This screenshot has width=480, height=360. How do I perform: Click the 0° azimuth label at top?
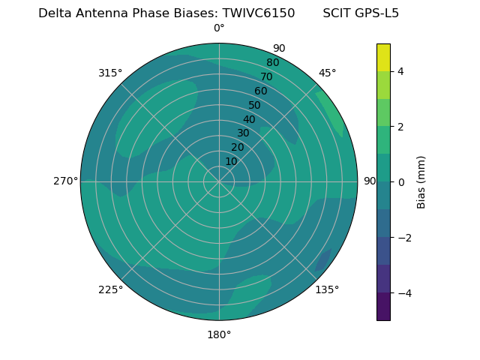pos(219,28)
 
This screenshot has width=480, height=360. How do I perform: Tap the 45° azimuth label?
pos(327,73)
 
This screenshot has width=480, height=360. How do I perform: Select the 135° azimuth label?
pos(327,289)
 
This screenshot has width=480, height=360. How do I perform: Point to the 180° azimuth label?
pos(219,334)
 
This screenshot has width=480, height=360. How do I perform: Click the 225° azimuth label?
pos(110,289)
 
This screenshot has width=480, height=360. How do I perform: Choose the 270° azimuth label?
pos(65,181)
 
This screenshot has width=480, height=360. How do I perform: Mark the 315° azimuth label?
pos(110,73)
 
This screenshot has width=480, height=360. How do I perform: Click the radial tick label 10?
pos(231,161)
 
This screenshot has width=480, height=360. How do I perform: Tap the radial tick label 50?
pos(255,105)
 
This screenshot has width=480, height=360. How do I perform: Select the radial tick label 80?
pos(273,63)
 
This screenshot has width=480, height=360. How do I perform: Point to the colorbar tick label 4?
pos(401,71)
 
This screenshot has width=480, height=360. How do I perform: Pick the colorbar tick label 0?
pos(401,181)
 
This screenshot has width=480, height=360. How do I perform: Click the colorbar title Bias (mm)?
pos(421,181)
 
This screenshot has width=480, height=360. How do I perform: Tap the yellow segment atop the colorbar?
pos(383,58)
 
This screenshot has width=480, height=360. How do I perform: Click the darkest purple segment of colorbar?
pos(383,307)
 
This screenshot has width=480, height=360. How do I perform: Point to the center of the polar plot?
pos(219,181)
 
